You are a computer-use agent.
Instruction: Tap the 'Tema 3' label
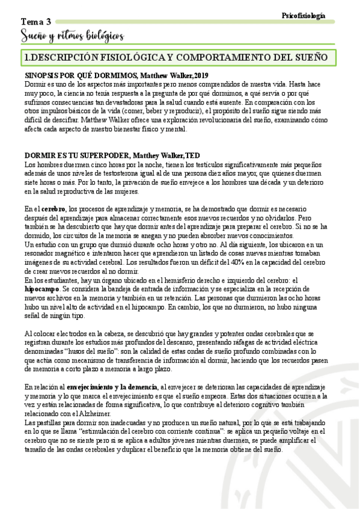pos(37,22)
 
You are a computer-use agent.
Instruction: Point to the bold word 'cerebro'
pos(53,208)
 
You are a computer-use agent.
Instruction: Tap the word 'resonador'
pos(43,254)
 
